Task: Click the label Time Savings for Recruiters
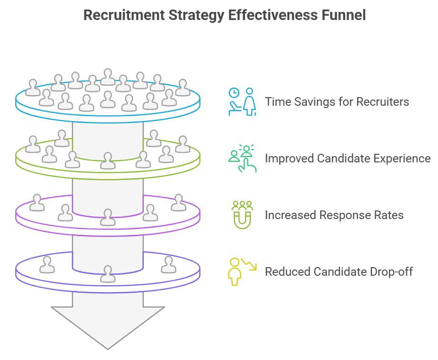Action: (x=337, y=102)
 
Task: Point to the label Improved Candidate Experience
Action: (x=348, y=159)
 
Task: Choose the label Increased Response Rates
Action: (x=334, y=215)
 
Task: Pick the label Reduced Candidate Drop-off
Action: (x=338, y=272)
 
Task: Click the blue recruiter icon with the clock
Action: (x=242, y=101)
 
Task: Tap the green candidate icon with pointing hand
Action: (x=242, y=158)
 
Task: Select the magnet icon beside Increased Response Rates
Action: (x=242, y=214)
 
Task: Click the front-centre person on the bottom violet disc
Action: (x=108, y=273)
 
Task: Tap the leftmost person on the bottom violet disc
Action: (x=47, y=264)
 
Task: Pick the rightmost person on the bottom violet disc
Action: (x=168, y=264)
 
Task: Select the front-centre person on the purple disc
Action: (x=108, y=217)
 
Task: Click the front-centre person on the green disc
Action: (x=108, y=160)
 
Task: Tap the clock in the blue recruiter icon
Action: (x=233, y=92)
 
